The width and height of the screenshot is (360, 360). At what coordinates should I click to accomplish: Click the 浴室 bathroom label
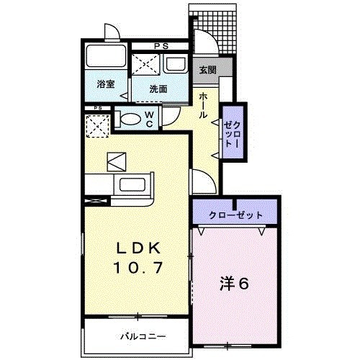(x=106, y=85)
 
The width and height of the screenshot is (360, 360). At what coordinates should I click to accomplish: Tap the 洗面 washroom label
(x=158, y=89)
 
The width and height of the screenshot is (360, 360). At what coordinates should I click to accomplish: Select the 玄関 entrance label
(x=207, y=70)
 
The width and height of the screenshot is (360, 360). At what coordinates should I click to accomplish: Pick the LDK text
(x=140, y=247)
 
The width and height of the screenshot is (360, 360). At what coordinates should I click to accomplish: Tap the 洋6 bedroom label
(x=234, y=283)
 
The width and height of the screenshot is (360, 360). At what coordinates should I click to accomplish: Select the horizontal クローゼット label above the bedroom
(x=235, y=215)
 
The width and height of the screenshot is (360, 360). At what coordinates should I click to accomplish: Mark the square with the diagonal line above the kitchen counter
(x=116, y=161)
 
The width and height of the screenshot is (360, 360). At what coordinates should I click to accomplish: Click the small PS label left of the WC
(x=96, y=109)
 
